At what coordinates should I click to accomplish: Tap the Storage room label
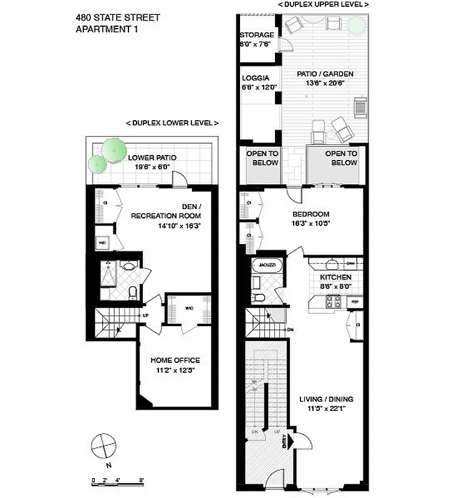[256, 35]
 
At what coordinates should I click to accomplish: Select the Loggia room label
[256, 78]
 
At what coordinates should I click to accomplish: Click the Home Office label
[175, 360]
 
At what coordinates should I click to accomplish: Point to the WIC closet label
[190, 306]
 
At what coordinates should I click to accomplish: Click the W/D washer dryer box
[102, 243]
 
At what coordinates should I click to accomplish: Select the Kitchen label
[335, 277]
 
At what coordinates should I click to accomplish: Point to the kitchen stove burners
[332, 302]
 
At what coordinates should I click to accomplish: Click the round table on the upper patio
[356, 25]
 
